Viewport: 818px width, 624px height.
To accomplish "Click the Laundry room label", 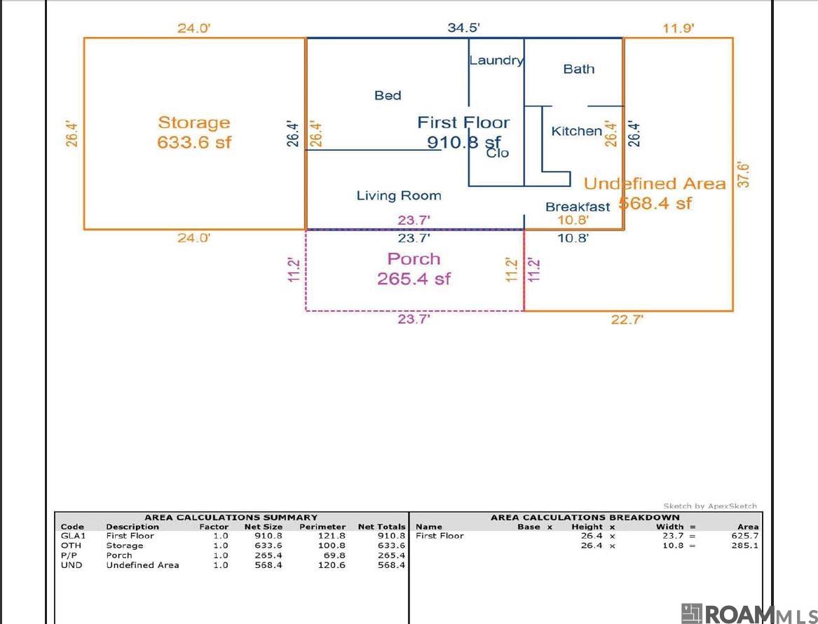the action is (x=496, y=61).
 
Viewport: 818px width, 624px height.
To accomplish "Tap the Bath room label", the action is (x=579, y=69).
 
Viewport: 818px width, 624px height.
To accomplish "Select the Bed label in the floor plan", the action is (x=388, y=95).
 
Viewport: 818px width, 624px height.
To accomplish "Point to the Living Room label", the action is (x=399, y=196).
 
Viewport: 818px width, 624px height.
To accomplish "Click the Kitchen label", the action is (x=576, y=131).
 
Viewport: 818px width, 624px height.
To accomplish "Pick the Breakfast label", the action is (x=578, y=207).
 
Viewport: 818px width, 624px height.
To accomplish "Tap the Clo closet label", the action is (x=497, y=153).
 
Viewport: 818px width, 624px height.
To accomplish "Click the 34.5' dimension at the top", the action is (x=463, y=27).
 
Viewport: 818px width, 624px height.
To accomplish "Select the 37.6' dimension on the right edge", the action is (x=744, y=174).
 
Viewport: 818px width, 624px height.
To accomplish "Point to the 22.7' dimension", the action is (x=627, y=319).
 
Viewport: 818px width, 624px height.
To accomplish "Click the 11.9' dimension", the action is (x=679, y=28).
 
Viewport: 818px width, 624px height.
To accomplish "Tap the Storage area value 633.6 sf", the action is (x=194, y=142).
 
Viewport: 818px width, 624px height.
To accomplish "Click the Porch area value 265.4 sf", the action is (x=414, y=279).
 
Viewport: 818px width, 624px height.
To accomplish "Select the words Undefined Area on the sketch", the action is (x=655, y=183).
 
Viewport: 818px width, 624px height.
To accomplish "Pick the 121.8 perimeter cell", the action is (x=332, y=536).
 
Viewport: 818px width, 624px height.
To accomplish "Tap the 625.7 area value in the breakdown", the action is (x=745, y=536).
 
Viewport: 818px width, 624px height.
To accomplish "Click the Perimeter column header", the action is (x=322, y=527).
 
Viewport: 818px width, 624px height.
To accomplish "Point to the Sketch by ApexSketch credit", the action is (x=710, y=506).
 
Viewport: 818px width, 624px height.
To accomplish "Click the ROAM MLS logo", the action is (x=749, y=614).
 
